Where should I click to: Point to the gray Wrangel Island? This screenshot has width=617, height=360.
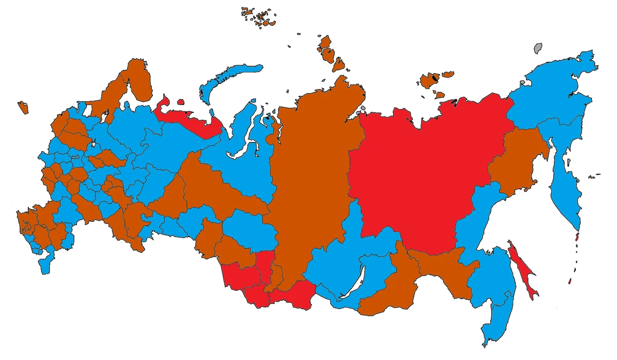click(x=538, y=48)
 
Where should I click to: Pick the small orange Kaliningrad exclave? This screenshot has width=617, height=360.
click(x=23, y=107)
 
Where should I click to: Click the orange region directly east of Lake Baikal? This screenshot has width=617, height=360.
click(x=380, y=293)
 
